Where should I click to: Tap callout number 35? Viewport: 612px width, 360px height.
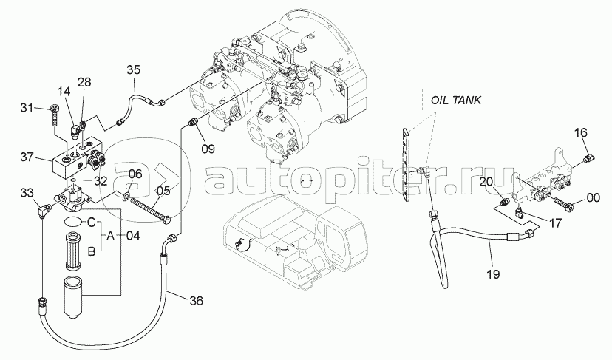tap(133, 70)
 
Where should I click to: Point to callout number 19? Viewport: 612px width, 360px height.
tap(494, 273)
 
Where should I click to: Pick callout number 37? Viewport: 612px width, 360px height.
tap(28, 156)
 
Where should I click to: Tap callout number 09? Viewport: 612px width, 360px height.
tap(208, 148)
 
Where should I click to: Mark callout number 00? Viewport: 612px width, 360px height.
tap(594, 197)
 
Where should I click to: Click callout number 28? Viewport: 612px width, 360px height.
tap(84, 81)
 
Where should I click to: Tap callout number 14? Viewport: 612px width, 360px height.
tap(64, 91)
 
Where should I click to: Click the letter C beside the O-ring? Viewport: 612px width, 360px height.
tap(91, 222)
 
